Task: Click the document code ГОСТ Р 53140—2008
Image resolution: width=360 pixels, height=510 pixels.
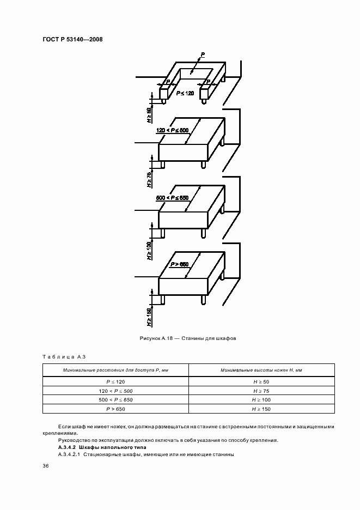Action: click(72, 39)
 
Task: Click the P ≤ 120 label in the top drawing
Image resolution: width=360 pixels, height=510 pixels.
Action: click(185, 94)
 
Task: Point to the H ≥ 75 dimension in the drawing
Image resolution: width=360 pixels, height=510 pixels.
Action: click(149, 179)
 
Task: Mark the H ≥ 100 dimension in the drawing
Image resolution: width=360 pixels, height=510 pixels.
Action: click(149, 251)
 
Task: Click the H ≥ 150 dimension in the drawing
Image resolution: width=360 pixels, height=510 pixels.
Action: click(149, 318)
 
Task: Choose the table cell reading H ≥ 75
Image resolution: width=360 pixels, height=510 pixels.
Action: click(261, 391)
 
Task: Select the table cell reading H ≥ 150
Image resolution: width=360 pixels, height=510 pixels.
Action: click(261, 409)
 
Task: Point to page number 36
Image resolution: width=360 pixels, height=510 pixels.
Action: click(46, 466)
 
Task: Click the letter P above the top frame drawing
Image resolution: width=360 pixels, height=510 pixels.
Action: click(202, 55)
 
